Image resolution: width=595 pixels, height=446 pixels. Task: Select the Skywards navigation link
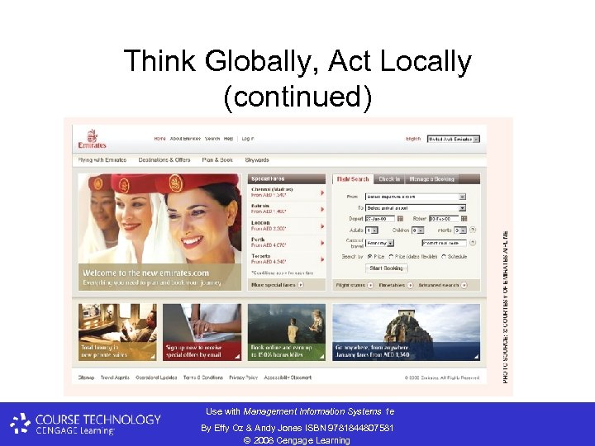[x=257, y=159]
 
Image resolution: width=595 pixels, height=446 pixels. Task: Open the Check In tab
[x=388, y=178]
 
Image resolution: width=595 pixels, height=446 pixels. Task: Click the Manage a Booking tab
[x=432, y=178]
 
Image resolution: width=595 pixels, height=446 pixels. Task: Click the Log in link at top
[x=248, y=139]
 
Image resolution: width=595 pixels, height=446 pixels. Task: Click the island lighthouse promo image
[x=406, y=331]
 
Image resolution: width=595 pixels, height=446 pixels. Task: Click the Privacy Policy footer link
[x=243, y=377]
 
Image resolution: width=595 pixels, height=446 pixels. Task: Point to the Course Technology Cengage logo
[x=87, y=424]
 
